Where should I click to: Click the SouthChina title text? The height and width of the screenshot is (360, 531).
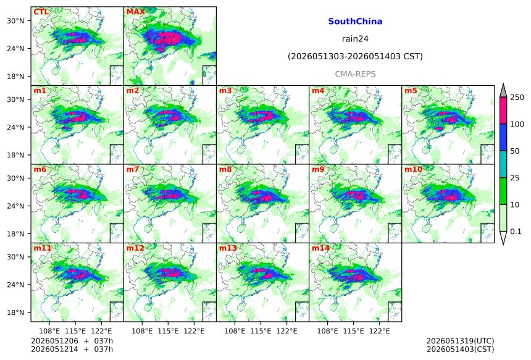pyautogui.click(x=355, y=22)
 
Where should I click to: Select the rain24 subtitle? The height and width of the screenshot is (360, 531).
pyautogui.click(x=355, y=39)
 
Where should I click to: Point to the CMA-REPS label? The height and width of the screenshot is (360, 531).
pyautogui.click(x=355, y=74)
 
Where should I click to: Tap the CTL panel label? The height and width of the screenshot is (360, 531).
pyautogui.click(x=41, y=12)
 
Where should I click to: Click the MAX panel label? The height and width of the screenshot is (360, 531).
pyautogui.click(x=135, y=12)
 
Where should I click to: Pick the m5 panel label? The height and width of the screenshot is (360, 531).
pyautogui.click(x=411, y=91)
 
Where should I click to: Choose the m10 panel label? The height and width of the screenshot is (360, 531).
pyautogui.click(x=413, y=169)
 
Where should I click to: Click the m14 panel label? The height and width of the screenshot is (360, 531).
pyautogui.click(x=320, y=248)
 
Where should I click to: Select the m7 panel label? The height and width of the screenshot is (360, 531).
pyautogui.click(x=133, y=169)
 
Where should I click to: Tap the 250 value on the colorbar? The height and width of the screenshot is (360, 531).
pyautogui.click(x=517, y=98)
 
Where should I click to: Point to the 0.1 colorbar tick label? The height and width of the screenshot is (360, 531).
pyautogui.click(x=516, y=232)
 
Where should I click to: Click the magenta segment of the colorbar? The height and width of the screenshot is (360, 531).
pyautogui.click(x=503, y=111)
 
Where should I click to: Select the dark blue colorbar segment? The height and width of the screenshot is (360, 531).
pyautogui.click(x=503, y=137)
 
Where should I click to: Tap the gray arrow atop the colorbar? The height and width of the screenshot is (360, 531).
pyautogui.click(x=503, y=91)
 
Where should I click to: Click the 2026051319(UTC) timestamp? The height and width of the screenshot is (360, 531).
pyautogui.click(x=460, y=341)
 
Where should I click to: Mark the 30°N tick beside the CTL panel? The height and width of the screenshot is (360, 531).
pyautogui.click(x=15, y=21)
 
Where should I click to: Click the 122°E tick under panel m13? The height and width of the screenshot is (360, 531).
pyautogui.click(x=287, y=331)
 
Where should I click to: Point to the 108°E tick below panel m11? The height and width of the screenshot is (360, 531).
pyautogui.click(x=49, y=331)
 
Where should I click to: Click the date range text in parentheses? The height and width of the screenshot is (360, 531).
pyautogui.click(x=355, y=56)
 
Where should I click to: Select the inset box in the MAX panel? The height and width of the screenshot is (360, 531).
pyautogui.click(x=209, y=75)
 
